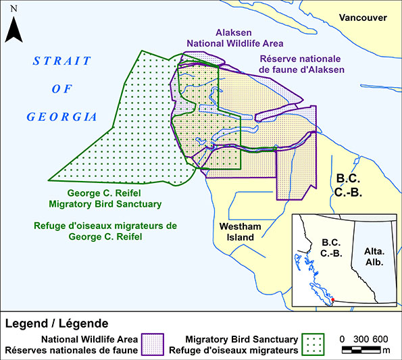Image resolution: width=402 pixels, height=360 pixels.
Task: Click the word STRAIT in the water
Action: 62,61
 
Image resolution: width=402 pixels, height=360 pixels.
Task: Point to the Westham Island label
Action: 236,232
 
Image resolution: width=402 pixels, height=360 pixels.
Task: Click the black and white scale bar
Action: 361,350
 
